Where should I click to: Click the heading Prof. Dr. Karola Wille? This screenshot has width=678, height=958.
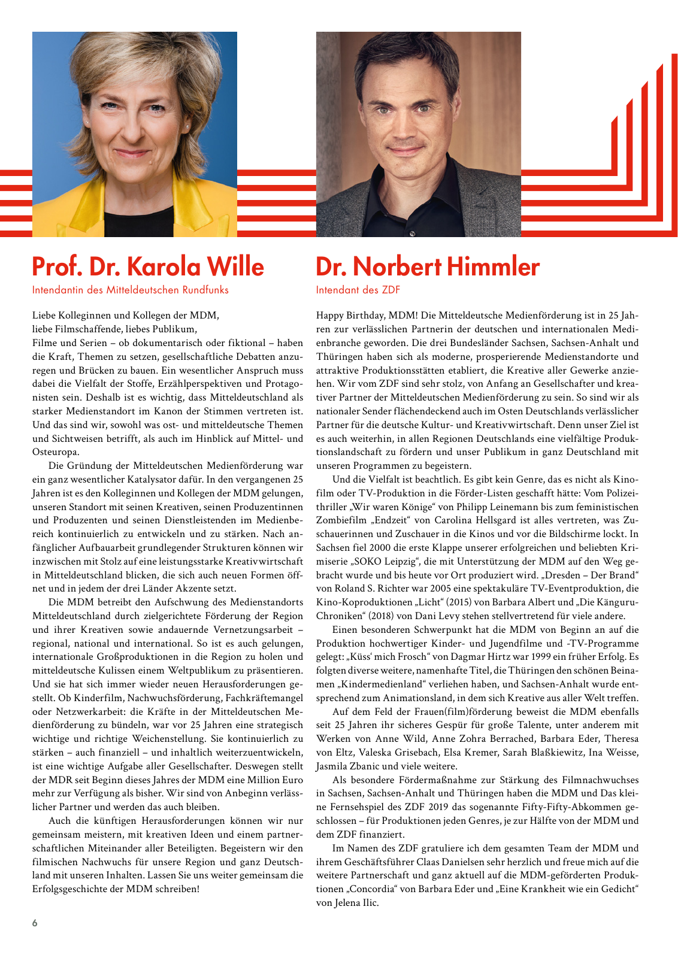coord(148,267)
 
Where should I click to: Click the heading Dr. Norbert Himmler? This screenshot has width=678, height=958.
coord(428,267)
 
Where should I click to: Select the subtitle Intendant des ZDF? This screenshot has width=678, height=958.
coord(358,290)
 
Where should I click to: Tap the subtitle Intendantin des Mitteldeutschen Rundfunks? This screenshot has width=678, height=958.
coord(130,290)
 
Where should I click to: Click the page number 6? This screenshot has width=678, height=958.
coord(35,923)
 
